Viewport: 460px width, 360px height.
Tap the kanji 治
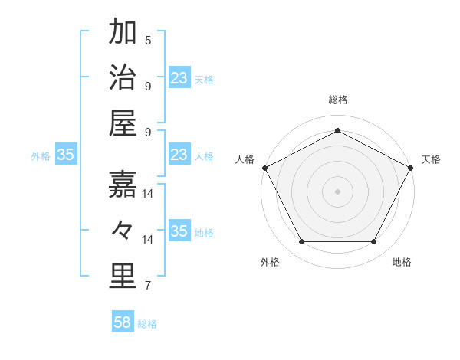123,78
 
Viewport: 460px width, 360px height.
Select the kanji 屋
123,124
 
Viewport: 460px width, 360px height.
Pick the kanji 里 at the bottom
123,277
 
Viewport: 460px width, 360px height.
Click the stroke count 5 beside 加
147,40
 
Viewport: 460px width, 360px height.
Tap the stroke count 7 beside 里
147,286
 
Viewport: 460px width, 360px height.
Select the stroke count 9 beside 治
147,86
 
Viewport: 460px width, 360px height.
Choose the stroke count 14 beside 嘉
148,194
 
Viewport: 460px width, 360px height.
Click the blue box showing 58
123,322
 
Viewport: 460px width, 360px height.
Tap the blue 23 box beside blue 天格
179,78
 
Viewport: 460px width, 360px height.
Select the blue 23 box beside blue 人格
179,155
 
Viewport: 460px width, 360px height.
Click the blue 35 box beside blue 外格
66,155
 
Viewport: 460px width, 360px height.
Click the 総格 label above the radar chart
337,100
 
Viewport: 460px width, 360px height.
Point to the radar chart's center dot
337,191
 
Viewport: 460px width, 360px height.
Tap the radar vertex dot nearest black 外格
301,242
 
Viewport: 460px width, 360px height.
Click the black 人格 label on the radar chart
245,159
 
